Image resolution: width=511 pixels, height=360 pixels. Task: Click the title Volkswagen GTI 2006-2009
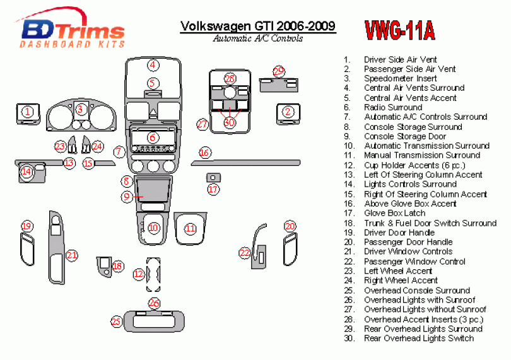click(257, 26)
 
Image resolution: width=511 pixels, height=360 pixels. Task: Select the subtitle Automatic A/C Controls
click(257, 38)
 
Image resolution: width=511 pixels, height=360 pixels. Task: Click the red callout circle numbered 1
click(27, 112)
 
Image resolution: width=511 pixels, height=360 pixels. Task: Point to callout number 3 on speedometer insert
click(80, 110)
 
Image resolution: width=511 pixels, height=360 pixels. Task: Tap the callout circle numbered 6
click(152, 137)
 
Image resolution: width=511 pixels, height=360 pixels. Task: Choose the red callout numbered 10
click(153, 227)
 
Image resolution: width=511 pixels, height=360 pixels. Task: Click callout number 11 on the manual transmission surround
click(190, 229)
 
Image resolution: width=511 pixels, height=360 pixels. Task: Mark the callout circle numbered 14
click(26, 171)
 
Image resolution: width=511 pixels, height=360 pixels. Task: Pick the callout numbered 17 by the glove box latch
click(213, 189)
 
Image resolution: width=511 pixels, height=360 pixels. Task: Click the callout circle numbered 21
click(72, 255)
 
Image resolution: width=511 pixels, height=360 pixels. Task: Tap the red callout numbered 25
click(116, 322)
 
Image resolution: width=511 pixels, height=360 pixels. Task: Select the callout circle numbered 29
click(279, 71)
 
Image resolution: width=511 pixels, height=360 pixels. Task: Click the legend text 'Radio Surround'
click(392, 107)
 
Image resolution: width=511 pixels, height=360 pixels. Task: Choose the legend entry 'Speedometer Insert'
click(400, 78)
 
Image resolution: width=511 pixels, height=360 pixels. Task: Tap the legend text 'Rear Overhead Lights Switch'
click(418, 338)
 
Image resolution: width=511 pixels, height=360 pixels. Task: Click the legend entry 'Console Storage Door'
click(404, 136)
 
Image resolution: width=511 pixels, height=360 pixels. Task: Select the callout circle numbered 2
click(288, 112)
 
